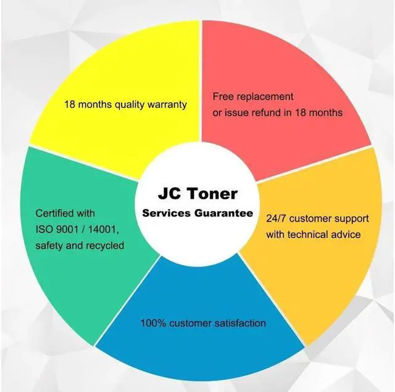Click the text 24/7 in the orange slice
click(276, 219)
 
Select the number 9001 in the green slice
click(69, 230)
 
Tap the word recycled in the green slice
click(105, 246)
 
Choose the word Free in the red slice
click(223, 97)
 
